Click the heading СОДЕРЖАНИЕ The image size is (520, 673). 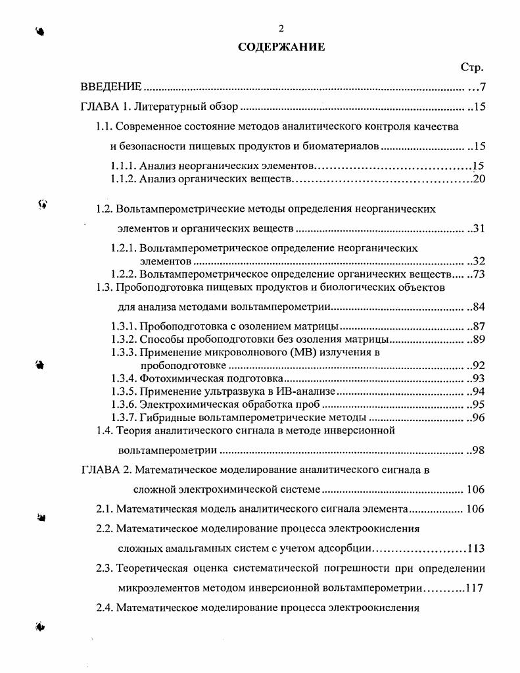click(x=281, y=47)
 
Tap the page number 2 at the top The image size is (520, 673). click(x=281, y=28)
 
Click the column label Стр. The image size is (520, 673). click(x=472, y=67)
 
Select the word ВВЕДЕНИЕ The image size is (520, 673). click(x=110, y=87)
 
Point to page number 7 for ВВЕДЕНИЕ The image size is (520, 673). click(x=482, y=87)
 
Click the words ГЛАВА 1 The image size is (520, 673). click(x=108, y=107)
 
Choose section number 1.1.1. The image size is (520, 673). click(x=124, y=166)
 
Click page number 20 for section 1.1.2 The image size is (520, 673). click(x=479, y=178)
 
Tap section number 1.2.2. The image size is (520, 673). click(x=124, y=274)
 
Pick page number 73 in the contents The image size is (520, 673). click(x=479, y=274)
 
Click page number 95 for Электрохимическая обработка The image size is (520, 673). click(x=479, y=404)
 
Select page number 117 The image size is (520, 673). click(x=474, y=587)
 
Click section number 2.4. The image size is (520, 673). click(x=105, y=607)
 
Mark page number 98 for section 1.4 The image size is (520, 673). click(x=479, y=451)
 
